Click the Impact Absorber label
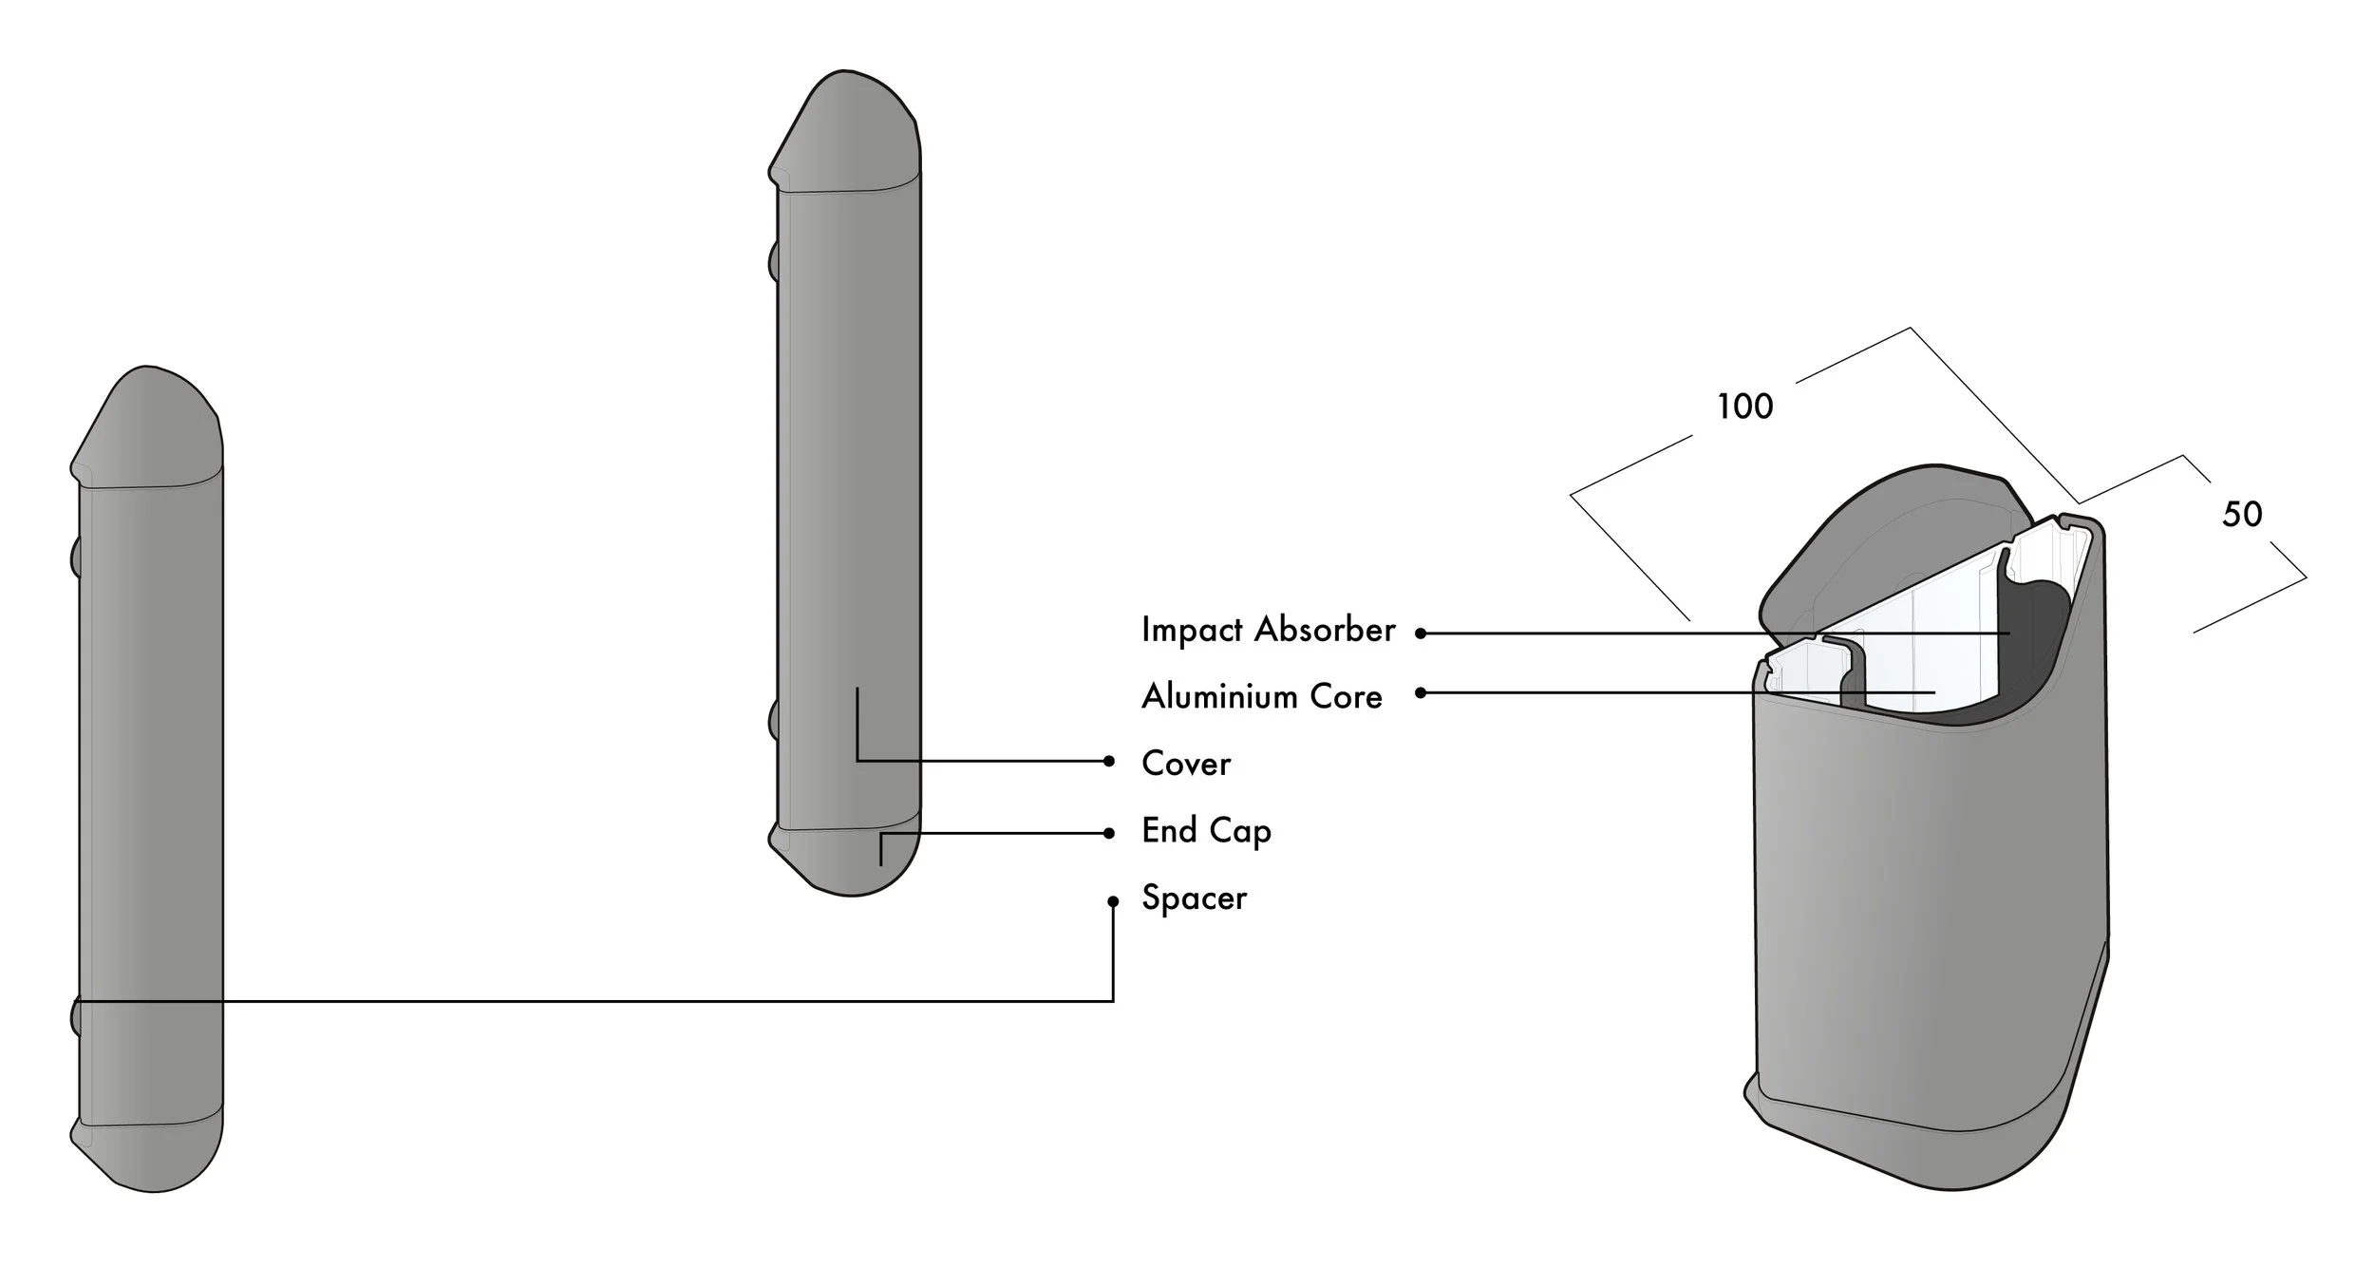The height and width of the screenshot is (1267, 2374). [1268, 630]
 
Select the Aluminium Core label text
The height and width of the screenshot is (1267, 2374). [1261, 696]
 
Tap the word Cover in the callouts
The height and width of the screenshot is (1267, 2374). [1186, 764]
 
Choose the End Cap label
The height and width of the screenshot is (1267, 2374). [1206, 831]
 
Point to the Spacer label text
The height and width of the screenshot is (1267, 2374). [1194, 898]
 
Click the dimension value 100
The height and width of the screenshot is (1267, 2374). [1744, 407]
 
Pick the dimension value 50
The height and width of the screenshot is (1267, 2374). [2242, 514]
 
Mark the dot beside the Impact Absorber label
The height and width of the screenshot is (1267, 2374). [1421, 633]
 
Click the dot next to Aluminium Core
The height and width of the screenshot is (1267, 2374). [1421, 693]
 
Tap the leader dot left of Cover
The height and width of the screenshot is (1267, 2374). [1109, 761]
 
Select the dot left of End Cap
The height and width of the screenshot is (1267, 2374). [1109, 834]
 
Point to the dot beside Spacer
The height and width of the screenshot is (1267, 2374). [1113, 901]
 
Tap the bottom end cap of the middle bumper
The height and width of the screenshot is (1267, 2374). [845, 855]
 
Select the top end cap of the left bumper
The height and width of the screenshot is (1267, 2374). [147, 427]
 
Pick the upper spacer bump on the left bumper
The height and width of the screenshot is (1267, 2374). [75, 558]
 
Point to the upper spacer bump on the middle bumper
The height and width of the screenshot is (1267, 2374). [773, 260]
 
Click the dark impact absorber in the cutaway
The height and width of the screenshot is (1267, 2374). [2032, 655]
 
